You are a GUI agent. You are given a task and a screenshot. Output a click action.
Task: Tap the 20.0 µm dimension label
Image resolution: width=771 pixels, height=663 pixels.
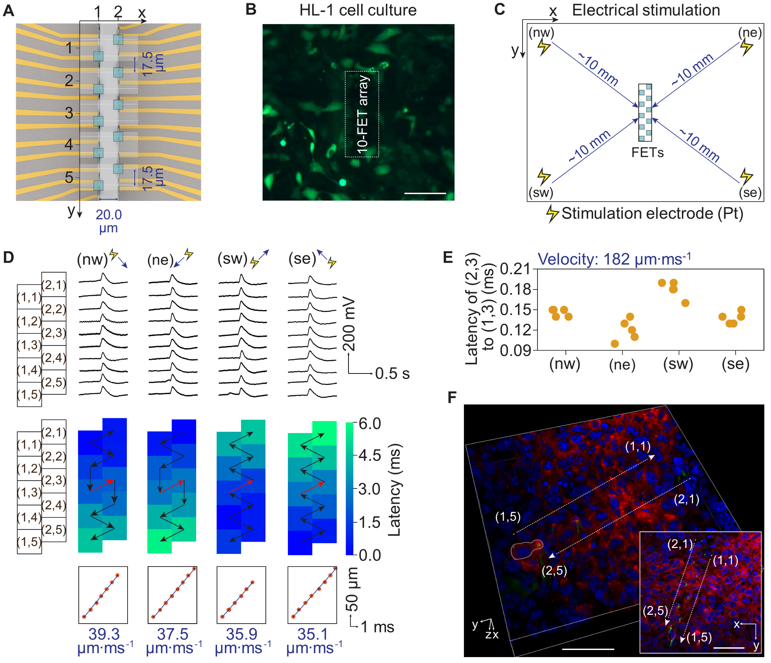click(109, 221)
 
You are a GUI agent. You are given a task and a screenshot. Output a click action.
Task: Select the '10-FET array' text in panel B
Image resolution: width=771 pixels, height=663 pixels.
click(362, 114)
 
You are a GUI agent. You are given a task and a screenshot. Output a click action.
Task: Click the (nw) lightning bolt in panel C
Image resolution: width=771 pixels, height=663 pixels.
click(543, 47)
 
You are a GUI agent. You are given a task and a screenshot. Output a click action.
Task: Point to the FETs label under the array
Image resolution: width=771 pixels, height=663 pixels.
click(647, 152)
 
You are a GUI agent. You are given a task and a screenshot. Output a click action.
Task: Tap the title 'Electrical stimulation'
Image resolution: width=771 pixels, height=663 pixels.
click(646, 10)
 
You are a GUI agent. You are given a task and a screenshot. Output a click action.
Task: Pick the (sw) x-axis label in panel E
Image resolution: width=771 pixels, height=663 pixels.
click(678, 364)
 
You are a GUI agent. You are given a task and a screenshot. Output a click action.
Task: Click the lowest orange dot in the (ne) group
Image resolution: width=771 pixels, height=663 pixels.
click(615, 344)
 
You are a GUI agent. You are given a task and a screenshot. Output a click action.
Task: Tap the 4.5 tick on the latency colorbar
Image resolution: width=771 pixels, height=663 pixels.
click(370, 455)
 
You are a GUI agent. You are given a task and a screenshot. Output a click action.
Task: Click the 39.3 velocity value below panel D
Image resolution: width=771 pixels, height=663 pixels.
click(104, 634)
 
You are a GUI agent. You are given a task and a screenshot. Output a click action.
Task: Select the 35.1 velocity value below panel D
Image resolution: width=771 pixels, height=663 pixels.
click(313, 634)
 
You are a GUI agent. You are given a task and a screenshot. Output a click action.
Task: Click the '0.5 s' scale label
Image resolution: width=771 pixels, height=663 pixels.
click(392, 373)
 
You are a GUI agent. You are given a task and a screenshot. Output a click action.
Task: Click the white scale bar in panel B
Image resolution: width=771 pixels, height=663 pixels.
click(425, 193)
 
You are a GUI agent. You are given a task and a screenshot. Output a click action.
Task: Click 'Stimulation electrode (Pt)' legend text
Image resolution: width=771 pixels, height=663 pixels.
click(652, 214)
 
